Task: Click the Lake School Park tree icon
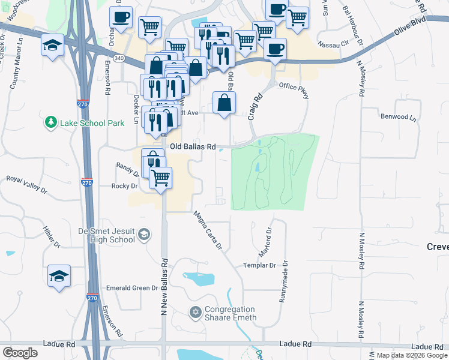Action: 51,123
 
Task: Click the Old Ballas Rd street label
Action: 192,146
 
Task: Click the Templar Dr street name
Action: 259,265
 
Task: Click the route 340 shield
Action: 119,58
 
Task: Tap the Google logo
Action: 20,353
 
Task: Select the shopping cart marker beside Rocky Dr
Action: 160,178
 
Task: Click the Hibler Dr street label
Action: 52,237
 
